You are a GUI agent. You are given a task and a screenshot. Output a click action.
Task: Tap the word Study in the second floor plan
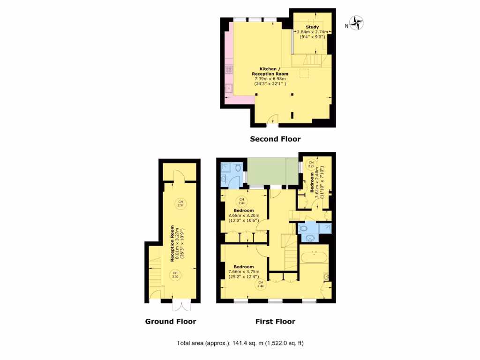(312, 27)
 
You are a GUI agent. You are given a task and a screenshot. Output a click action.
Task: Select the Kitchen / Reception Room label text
(270, 71)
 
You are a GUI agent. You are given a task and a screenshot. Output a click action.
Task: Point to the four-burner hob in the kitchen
(229, 69)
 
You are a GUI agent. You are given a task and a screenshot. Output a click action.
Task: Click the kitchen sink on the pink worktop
(229, 87)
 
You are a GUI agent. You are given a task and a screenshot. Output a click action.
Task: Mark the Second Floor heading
(275, 139)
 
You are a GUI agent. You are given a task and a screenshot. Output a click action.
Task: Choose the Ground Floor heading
(170, 321)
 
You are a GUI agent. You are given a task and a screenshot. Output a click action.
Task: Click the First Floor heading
(275, 321)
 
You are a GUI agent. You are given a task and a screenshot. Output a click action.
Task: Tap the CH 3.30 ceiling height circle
(175, 275)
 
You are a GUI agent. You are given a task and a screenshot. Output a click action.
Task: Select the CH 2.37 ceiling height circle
(180, 204)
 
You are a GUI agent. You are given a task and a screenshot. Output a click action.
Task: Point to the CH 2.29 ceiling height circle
(311, 164)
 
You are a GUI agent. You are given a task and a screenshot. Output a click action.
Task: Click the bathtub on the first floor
(314, 257)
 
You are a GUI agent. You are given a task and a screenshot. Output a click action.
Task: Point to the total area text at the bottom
(240, 343)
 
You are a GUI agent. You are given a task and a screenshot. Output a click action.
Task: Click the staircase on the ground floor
(155, 277)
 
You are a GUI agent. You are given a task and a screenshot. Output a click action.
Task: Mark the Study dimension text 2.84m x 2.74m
(312, 32)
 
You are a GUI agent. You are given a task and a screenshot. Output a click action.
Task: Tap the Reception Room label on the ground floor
(172, 239)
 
